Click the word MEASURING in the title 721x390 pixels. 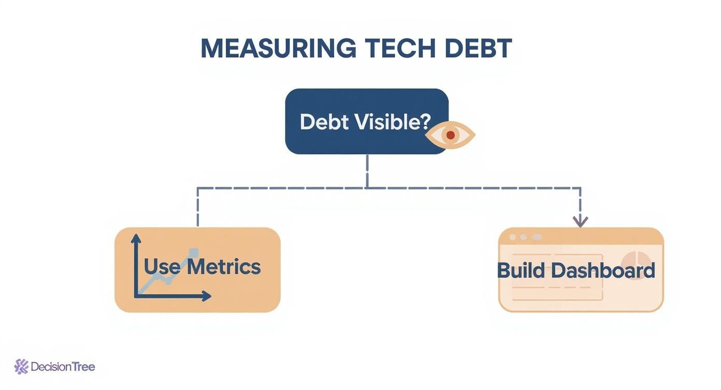click(x=278, y=49)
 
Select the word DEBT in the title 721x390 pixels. click(x=478, y=49)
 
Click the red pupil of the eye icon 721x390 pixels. click(x=450, y=135)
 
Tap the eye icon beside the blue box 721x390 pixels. click(x=450, y=135)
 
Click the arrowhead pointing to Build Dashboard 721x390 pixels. click(x=580, y=222)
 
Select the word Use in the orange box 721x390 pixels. click(x=162, y=267)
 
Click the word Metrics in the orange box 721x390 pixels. click(x=223, y=267)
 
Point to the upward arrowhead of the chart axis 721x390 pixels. click(x=136, y=239)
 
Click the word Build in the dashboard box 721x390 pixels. click(x=521, y=271)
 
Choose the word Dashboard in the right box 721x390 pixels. click(x=603, y=271)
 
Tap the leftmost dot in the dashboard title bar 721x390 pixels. click(x=513, y=237)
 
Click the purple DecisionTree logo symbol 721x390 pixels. click(x=21, y=367)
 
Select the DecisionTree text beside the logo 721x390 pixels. click(x=63, y=367)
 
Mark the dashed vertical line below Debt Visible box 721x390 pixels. click(x=367, y=171)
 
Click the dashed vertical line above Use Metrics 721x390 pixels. click(x=197, y=207)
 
